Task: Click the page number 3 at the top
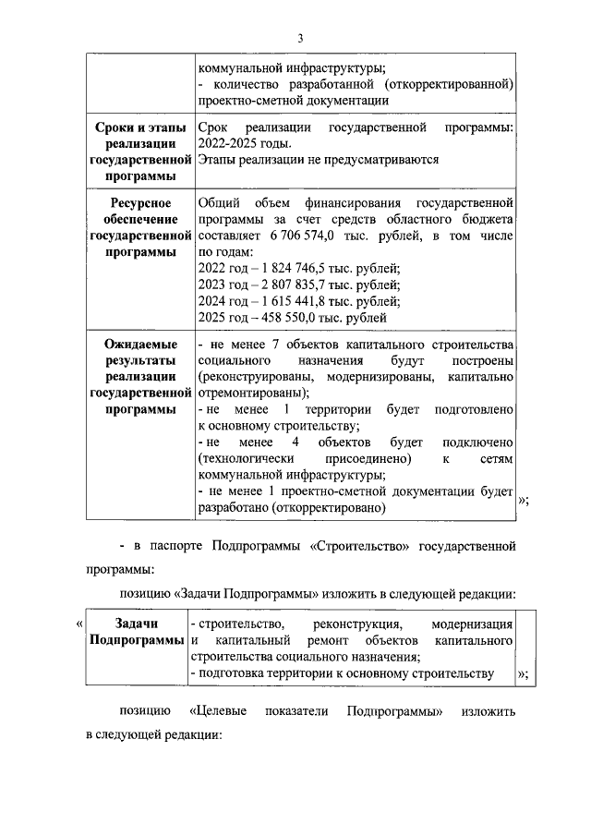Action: pyautogui.click(x=300, y=38)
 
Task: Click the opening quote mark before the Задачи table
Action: pyautogui.click(x=78, y=625)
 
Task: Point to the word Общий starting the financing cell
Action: pyautogui.click(x=220, y=202)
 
